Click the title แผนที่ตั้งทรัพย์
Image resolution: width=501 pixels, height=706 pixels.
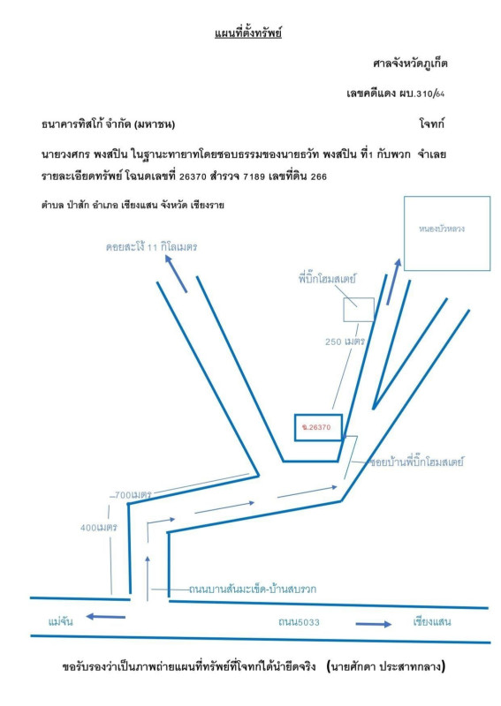point(248,34)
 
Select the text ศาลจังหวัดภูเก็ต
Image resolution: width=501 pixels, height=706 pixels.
point(410,64)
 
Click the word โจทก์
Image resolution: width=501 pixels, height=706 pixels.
point(431,124)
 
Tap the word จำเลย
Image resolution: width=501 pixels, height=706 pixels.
point(431,154)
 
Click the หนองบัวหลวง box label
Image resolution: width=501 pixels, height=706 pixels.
point(442,229)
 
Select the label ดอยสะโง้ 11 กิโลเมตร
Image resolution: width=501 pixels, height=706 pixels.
point(151,247)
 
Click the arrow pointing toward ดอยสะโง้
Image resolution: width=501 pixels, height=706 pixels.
point(176,274)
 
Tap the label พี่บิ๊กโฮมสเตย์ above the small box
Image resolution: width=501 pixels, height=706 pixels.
point(327,279)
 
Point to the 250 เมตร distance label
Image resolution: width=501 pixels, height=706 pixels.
point(345,342)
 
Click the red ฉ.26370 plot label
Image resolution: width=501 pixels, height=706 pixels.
point(316,427)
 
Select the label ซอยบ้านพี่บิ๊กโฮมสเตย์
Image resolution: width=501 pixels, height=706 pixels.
point(417,462)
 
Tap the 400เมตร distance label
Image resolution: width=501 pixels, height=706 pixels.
point(99,527)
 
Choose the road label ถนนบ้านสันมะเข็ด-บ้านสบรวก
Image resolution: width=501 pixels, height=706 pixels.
point(253,589)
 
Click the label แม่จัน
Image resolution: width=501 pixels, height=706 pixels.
point(60,621)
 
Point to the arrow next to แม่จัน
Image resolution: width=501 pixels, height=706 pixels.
point(105,616)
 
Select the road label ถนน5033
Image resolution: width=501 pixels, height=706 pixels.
point(299,622)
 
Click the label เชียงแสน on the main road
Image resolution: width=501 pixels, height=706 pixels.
point(431,622)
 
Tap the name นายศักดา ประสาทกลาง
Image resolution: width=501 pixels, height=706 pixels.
point(386,666)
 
